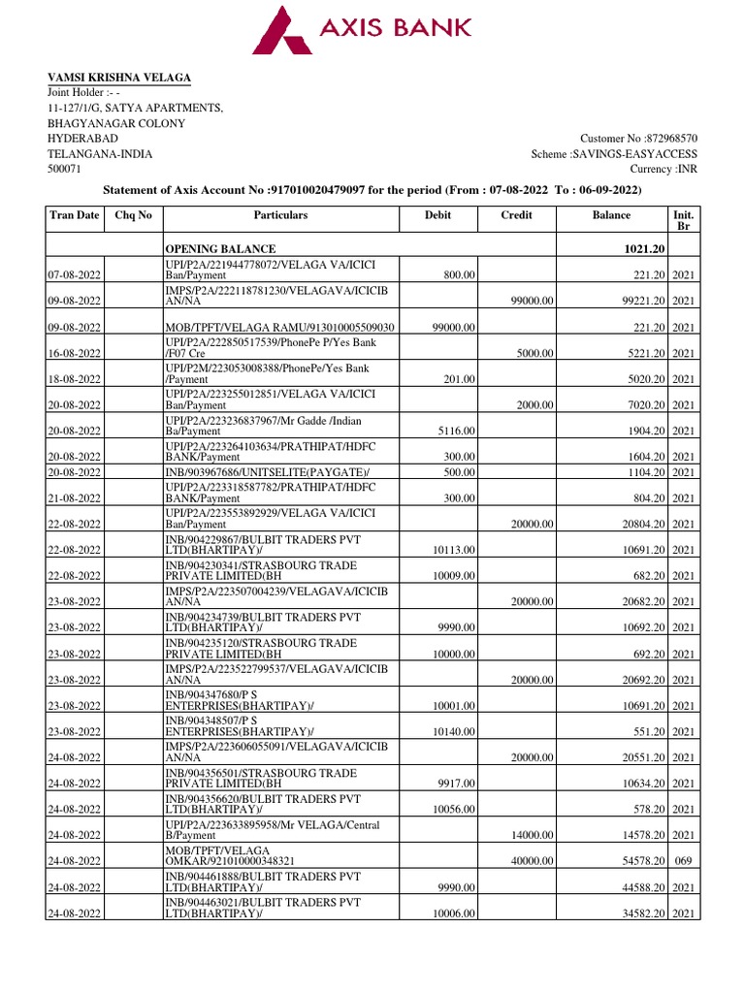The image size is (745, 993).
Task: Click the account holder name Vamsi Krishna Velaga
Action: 119,78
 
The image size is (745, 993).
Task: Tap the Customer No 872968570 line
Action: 638,139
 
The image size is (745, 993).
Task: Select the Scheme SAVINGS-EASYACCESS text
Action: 614,154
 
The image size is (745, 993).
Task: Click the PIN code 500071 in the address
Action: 66,170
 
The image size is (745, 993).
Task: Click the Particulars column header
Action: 280,215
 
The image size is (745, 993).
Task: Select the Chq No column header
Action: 134,215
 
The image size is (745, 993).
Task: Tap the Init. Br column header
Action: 683,219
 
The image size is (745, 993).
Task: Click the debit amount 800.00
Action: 459,275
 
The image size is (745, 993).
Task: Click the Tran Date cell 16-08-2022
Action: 76,353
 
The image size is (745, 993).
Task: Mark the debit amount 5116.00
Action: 457,431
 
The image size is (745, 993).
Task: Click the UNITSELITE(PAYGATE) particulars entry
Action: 256,472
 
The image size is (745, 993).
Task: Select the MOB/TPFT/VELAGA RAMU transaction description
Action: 278,328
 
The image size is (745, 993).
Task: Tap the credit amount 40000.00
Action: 533,861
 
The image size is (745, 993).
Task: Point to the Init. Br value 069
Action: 683,861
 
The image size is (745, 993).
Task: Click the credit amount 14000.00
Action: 533,835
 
